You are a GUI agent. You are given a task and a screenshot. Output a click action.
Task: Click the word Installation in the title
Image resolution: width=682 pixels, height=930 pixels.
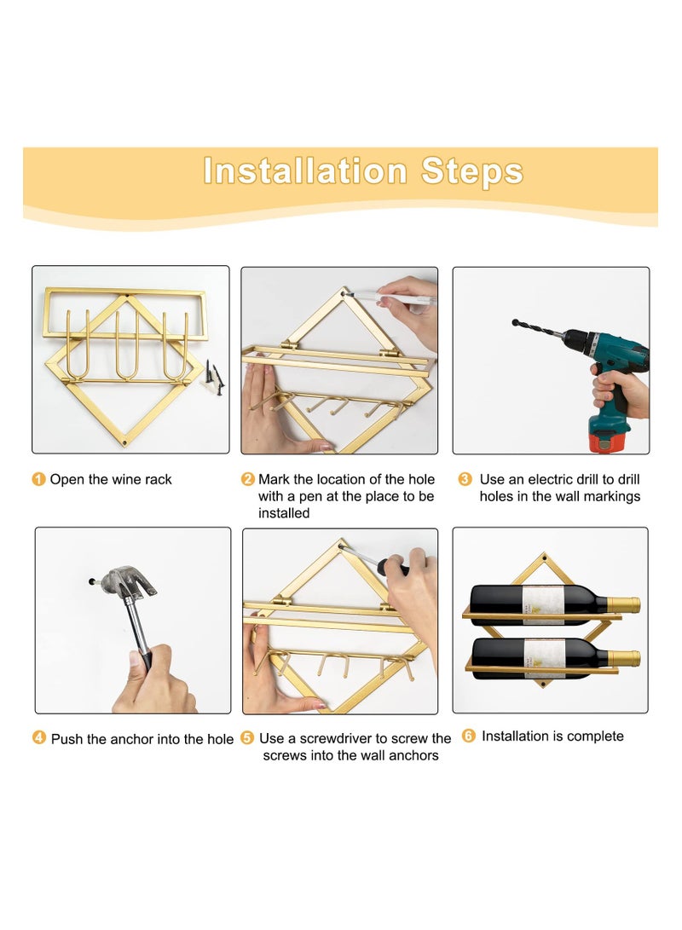[x=305, y=170]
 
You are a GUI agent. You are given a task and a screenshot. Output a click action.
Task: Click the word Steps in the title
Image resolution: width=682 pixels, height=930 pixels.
[x=472, y=171]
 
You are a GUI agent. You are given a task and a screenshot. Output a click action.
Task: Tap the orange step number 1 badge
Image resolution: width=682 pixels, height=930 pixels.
[x=38, y=479]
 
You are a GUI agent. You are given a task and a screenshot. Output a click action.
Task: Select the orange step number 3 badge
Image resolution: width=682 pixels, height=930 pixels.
[x=465, y=479]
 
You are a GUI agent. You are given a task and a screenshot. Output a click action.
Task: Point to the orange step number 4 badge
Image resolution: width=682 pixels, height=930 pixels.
[x=39, y=738]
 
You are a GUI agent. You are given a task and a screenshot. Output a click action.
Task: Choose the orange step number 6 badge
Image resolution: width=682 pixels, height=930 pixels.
[x=469, y=736]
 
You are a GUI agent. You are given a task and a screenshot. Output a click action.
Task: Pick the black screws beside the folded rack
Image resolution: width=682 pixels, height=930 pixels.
[x=214, y=378]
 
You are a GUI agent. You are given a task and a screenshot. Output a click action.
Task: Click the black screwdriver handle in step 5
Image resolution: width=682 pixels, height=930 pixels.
[x=395, y=566]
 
